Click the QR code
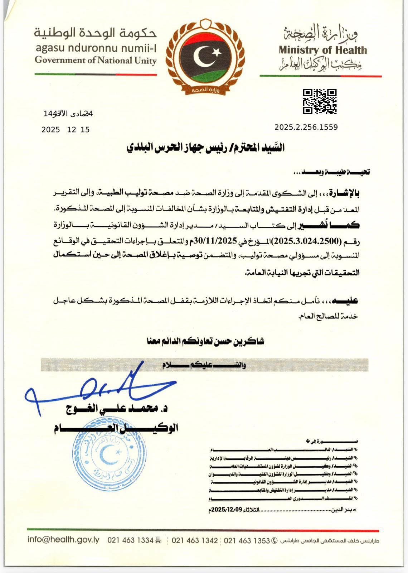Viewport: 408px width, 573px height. click(320, 102)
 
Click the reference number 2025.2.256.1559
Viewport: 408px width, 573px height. click(306, 127)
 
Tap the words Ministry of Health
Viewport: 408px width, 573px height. click(323, 50)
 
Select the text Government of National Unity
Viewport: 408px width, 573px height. click(96, 60)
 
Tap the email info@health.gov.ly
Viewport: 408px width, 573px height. click(63, 540)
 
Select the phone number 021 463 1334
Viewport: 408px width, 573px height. click(130, 540)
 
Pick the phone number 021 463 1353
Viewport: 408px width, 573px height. click(247, 540)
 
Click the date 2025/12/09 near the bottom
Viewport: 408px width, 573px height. click(224, 510)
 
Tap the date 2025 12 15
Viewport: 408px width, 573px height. click(65, 130)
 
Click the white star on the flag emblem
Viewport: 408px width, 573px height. click(216, 52)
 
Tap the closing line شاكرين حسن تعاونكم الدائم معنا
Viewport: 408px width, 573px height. click(205, 341)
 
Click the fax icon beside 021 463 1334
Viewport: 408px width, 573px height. click(159, 540)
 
